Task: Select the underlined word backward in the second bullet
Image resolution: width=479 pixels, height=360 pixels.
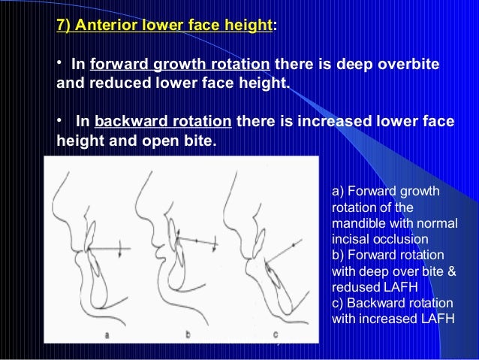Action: coord(126,122)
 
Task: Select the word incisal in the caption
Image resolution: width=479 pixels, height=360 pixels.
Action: coord(349,238)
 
